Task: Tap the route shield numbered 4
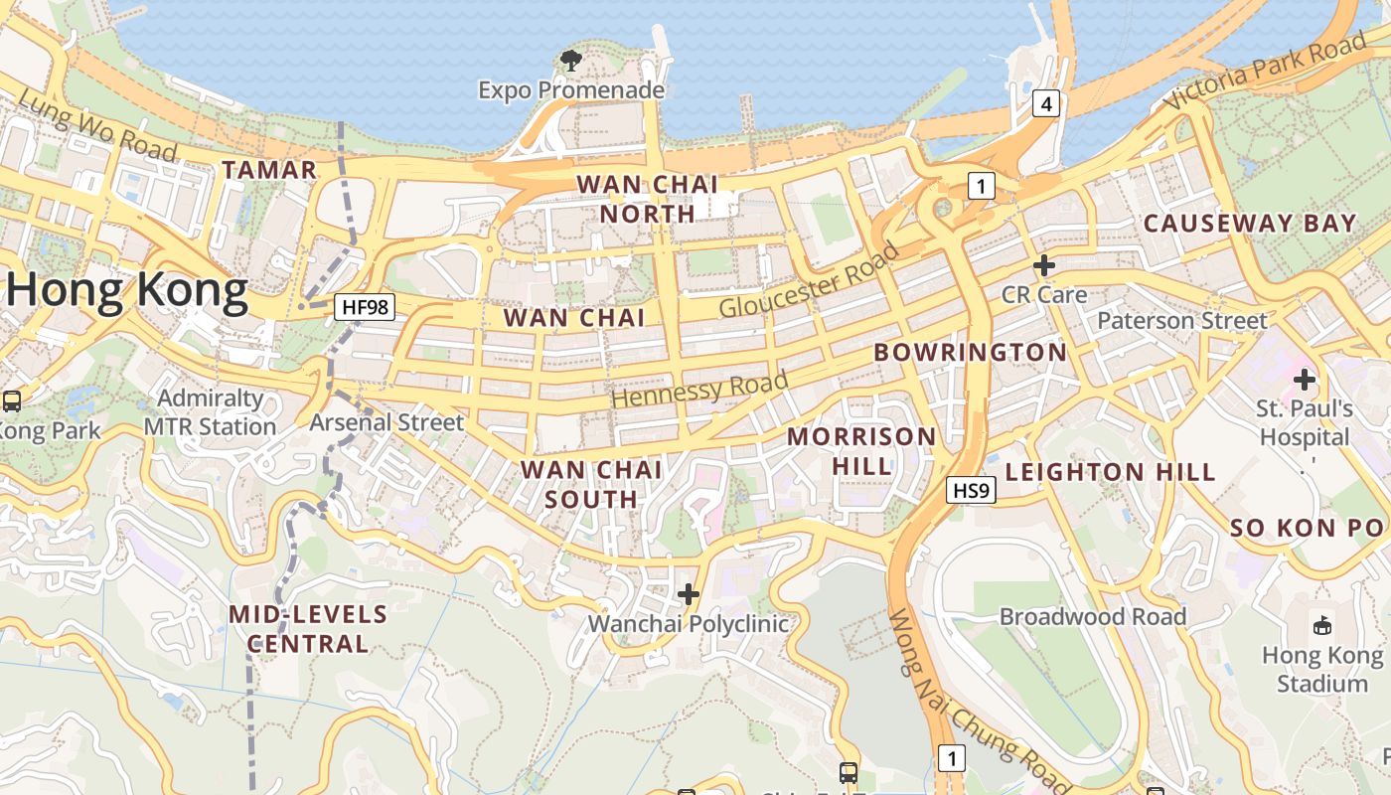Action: [x=1045, y=102]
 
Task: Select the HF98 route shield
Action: [x=364, y=307]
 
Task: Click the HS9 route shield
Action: [x=971, y=490]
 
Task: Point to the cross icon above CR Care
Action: [x=1043, y=265]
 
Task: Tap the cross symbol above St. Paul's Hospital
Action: [x=1304, y=380]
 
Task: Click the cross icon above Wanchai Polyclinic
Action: [x=688, y=594]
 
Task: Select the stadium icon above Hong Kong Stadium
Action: [x=1321, y=626]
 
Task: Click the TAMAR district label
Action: [x=269, y=170]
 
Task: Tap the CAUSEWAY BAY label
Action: [x=1250, y=224]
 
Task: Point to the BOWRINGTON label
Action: [x=970, y=353]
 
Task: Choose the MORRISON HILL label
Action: [x=861, y=450]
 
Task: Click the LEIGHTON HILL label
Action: [x=1110, y=472]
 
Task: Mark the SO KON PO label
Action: [x=1308, y=529]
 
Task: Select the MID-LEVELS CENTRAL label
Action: [x=308, y=628]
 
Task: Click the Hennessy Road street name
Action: [x=699, y=388]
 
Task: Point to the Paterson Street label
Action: [x=1182, y=321]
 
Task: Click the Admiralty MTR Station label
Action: [x=210, y=412]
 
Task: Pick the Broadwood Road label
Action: [x=1093, y=617]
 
